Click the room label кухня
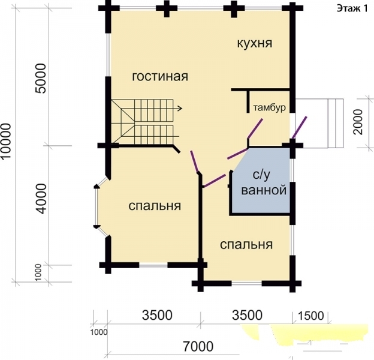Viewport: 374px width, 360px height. coord(255,44)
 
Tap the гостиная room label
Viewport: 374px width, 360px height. coord(160,76)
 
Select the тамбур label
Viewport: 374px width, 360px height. coord(269,107)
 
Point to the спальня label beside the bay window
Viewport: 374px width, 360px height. coord(155,206)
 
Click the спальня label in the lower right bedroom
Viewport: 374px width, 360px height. coord(246,244)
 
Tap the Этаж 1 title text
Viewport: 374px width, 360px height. coord(352,9)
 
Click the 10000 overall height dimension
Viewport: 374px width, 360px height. coord(6,140)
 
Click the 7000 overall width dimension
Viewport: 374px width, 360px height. coord(198,346)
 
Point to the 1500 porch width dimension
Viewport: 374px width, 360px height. coord(311,316)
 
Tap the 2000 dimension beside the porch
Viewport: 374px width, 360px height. coord(358,122)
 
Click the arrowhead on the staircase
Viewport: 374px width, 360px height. coord(180,109)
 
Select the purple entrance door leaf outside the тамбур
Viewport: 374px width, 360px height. coord(300,127)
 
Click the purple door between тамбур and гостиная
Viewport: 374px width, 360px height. coord(255,128)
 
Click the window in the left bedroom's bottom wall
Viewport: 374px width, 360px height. coord(153,265)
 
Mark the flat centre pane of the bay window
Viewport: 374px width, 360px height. coord(96,206)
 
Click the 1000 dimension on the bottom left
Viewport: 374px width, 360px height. coord(99,332)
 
